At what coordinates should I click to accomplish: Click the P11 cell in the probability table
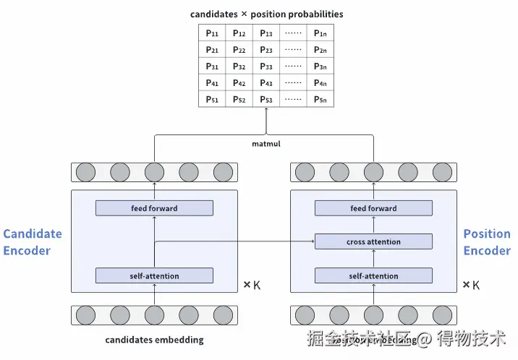tap(212, 33)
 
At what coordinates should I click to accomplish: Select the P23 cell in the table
tap(266, 50)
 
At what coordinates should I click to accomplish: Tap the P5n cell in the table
tap(320, 100)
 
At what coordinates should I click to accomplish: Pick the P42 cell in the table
tap(239, 83)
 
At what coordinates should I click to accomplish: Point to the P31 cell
tap(212, 67)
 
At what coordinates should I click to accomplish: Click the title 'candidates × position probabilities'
tap(266, 14)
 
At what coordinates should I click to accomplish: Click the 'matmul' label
tap(266, 144)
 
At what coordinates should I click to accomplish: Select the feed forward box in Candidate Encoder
tap(154, 208)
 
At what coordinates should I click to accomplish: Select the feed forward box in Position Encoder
tap(373, 208)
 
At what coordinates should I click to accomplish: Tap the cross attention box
tap(373, 242)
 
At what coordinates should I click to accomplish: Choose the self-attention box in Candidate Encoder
tap(154, 275)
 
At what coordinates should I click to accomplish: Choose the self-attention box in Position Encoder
tap(373, 275)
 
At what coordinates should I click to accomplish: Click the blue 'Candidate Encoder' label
tap(33, 242)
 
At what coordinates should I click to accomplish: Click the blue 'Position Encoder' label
tap(487, 242)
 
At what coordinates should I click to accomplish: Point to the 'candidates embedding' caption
tap(154, 340)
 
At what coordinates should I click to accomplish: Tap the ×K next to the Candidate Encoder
tap(251, 285)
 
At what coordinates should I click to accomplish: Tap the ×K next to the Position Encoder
tap(471, 285)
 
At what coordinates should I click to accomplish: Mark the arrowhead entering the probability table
tap(266, 110)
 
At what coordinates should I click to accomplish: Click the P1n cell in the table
tap(320, 33)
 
